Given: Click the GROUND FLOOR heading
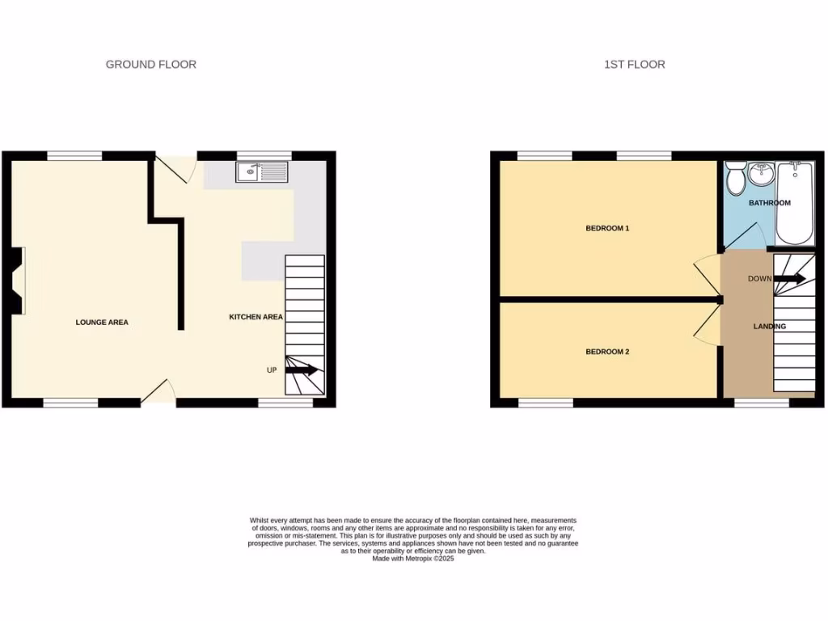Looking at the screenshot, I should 151,65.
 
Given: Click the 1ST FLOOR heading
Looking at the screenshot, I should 635,65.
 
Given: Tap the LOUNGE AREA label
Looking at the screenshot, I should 102,323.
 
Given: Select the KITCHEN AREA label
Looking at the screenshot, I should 256,317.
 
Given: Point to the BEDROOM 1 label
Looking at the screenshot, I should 607,229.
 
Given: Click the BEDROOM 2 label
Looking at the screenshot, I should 607,352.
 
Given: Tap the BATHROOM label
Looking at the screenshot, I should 769,203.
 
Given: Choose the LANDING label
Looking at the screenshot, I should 769,327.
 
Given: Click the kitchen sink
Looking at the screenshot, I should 262,171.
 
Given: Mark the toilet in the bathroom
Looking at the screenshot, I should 736,179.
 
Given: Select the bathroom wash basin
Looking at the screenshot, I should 762,173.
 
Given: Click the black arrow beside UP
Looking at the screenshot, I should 302,370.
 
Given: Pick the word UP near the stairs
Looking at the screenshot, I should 272,370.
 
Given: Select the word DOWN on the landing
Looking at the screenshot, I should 759,279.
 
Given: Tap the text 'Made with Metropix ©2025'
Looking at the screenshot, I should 413,558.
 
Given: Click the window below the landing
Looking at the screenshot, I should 762,402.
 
